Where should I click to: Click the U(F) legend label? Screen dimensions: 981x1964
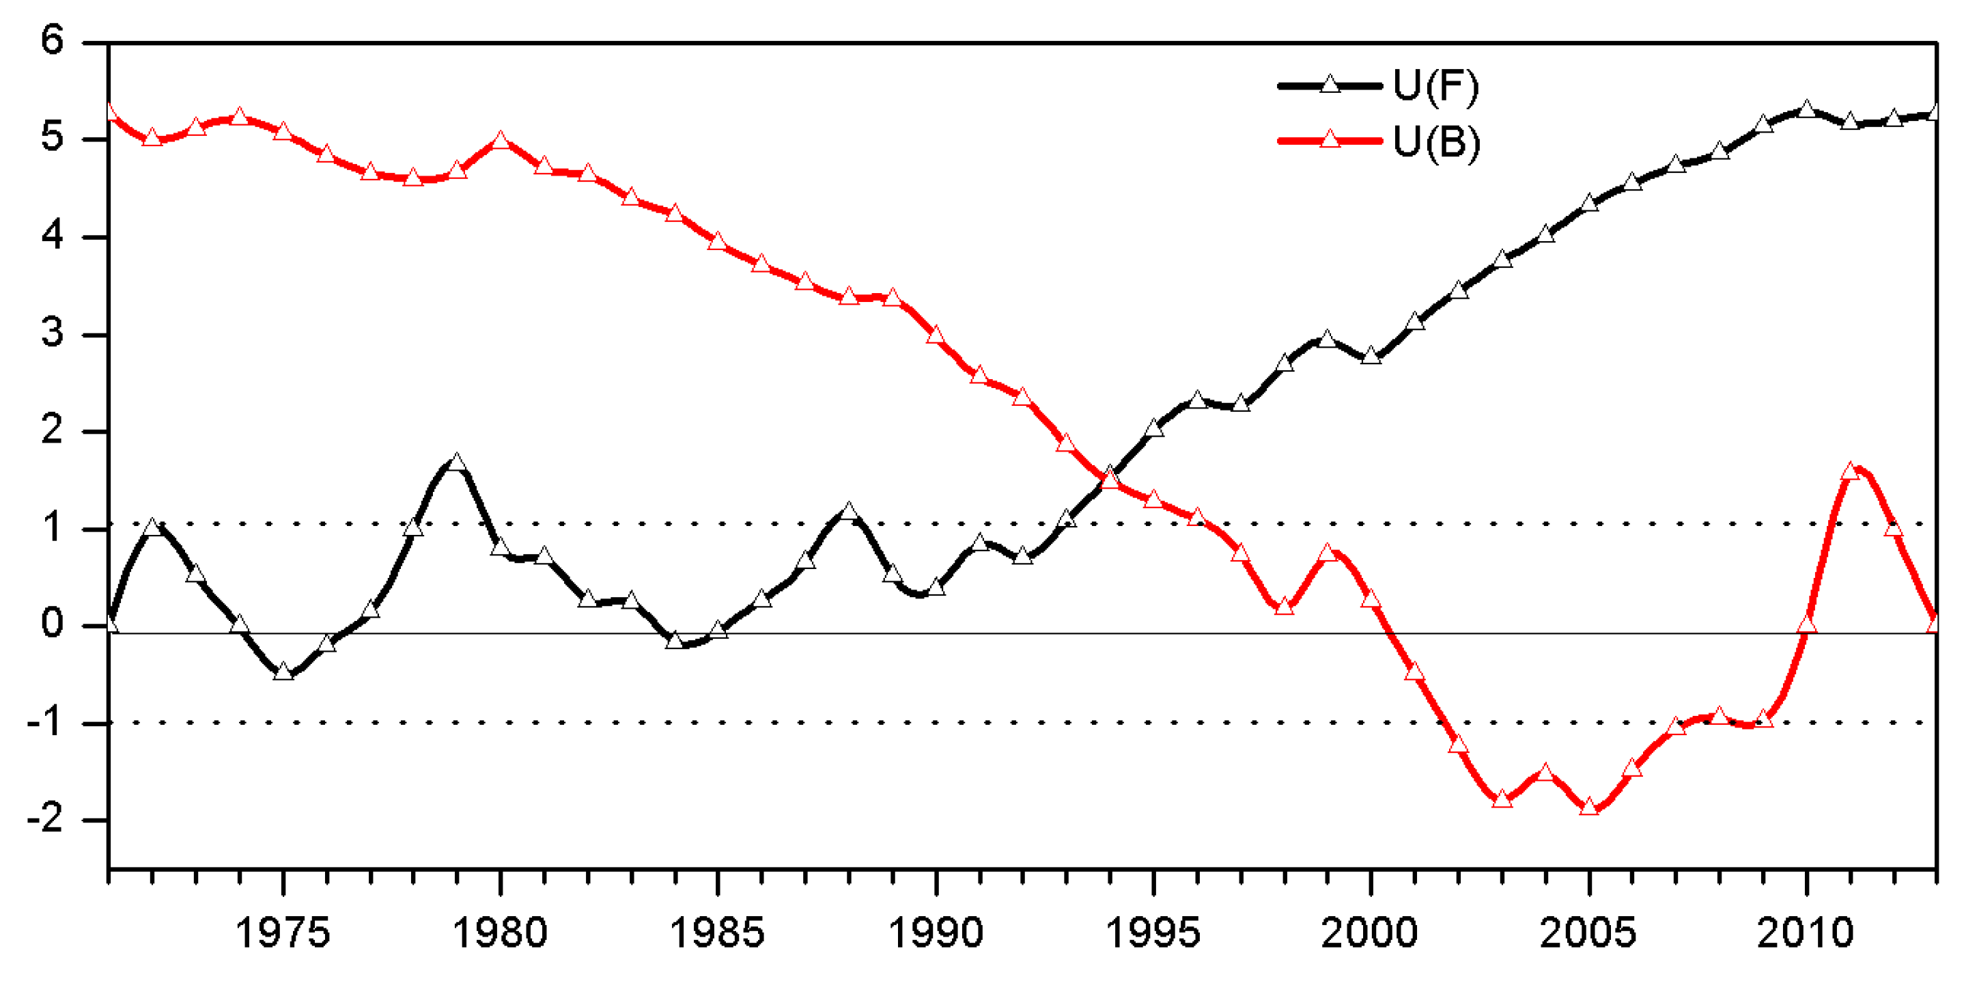point(1435,86)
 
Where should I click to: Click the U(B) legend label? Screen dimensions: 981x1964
point(1435,142)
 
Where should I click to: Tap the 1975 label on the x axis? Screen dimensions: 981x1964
point(282,933)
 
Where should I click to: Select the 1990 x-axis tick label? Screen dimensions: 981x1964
point(936,933)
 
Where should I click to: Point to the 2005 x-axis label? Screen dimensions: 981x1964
point(1588,933)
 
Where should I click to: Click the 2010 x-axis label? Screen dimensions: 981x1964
point(1806,933)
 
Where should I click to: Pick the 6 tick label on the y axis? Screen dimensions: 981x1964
point(52,40)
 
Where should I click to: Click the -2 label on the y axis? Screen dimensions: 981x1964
point(46,819)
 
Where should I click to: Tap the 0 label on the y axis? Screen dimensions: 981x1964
point(52,625)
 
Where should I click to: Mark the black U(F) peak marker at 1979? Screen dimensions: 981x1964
point(456,463)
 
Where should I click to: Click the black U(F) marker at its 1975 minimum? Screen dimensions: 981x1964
point(283,672)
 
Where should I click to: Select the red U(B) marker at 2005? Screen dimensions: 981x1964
point(1589,806)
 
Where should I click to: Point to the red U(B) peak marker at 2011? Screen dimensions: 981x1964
point(1850,471)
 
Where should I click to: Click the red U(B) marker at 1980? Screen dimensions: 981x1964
point(500,140)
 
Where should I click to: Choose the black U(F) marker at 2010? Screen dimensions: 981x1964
point(1806,109)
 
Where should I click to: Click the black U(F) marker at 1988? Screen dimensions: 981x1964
point(849,511)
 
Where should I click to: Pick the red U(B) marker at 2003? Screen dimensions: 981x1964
point(1502,799)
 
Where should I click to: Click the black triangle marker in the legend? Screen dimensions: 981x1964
point(1330,85)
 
